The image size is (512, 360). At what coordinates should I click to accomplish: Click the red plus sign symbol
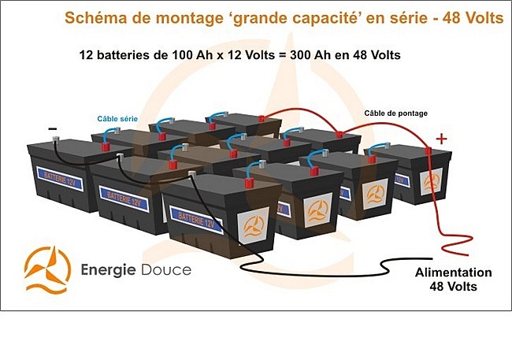point(441,139)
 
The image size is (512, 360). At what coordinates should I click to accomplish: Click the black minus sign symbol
point(52,128)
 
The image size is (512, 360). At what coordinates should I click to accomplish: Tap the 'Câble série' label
point(117,119)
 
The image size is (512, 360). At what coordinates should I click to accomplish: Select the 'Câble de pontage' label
point(395,113)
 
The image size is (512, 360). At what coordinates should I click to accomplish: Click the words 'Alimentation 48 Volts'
point(453,280)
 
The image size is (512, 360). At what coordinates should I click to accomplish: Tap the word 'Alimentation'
point(453,273)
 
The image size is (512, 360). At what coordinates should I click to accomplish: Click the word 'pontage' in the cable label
point(411,113)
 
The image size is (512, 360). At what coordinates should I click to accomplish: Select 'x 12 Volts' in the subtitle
point(243,56)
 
